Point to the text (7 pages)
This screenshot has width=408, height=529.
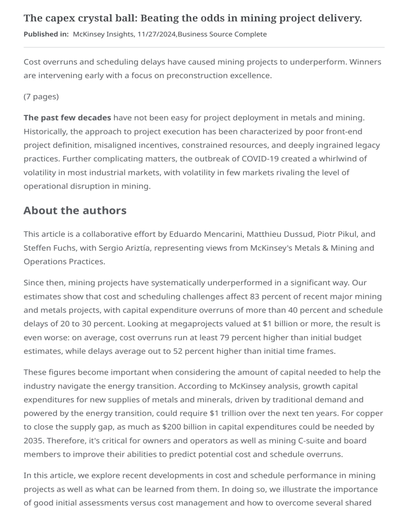click(x=41, y=97)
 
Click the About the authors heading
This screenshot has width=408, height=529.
click(x=75, y=210)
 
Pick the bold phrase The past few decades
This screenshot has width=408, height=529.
click(x=67, y=117)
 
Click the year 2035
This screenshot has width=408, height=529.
click(x=33, y=441)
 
